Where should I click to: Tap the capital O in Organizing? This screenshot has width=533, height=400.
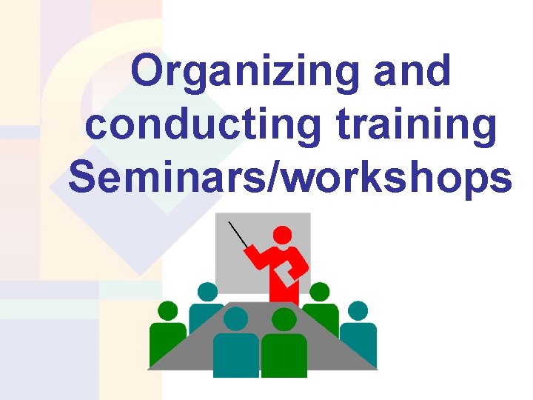tap(148, 73)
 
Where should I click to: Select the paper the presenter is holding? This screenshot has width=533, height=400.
tap(285, 276)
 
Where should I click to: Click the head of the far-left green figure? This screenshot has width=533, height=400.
tap(168, 310)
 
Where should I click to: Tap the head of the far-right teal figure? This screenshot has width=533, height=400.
tap(358, 310)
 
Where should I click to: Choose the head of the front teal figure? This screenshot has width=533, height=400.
tap(235, 319)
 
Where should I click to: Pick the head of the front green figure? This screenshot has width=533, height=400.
tap(284, 319)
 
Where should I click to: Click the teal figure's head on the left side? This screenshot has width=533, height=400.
tap(207, 292)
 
